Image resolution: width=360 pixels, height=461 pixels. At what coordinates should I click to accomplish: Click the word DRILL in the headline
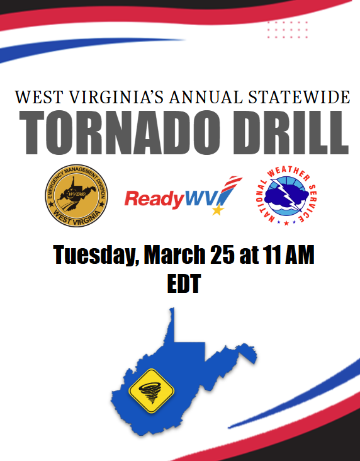click(x=291, y=133)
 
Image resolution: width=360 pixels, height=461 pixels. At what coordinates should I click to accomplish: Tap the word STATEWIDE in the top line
click(x=299, y=98)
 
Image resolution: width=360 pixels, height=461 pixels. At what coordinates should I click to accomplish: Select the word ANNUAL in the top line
click(x=206, y=98)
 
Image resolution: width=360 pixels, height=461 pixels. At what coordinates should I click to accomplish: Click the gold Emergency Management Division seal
click(x=76, y=195)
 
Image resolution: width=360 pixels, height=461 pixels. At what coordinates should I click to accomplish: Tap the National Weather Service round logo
click(x=286, y=195)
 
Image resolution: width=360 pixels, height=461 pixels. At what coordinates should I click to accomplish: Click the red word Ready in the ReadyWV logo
click(x=154, y=199)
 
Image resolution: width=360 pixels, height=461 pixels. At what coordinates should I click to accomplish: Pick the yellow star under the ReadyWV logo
click(x=218, y=210)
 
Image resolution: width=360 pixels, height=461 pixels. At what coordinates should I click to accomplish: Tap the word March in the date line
click(x=174, y=254)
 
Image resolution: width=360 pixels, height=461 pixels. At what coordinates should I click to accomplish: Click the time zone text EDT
click(x=184, y=283)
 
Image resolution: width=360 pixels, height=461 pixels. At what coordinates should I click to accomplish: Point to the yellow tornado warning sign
click(x=152, y=390)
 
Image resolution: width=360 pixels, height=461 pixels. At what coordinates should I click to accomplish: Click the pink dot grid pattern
click(x=288, y=30)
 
